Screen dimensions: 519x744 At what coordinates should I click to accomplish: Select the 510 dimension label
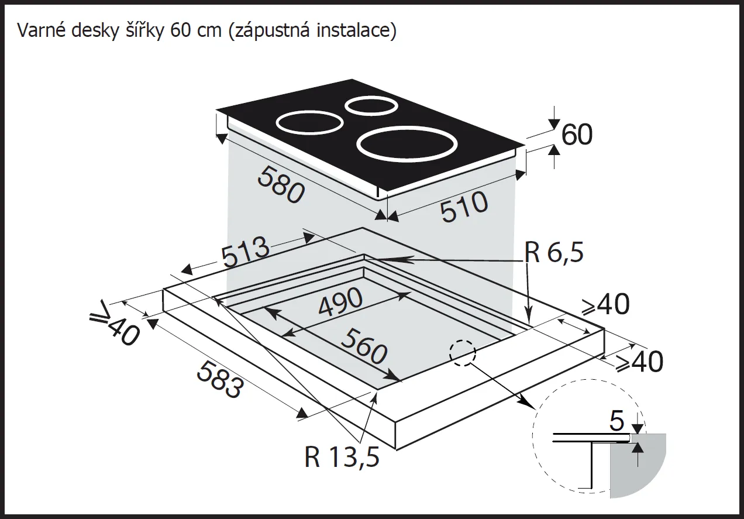(464, 207)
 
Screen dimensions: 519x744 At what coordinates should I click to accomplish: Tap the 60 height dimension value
(577, 135)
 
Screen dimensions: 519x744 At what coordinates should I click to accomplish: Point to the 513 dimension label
(245, 252)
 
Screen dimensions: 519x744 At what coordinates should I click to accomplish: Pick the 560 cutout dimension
(363, 346)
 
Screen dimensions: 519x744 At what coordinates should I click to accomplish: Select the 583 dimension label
(218, 379)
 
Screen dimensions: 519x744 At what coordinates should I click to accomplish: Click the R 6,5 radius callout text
(554, 253)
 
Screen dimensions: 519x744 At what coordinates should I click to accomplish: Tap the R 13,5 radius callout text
(342, 458)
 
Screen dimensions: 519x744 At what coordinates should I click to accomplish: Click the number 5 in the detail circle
(618, 421)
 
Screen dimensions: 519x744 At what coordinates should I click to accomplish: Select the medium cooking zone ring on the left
(309, 124)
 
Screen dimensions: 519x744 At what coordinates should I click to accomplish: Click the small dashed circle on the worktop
(462, 353)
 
